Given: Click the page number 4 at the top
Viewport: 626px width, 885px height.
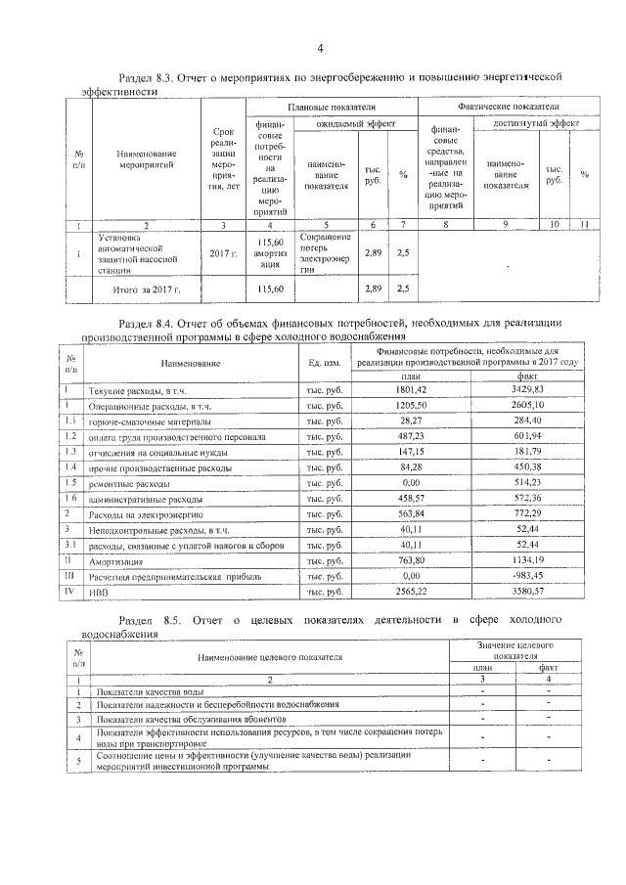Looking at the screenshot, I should (320, 48).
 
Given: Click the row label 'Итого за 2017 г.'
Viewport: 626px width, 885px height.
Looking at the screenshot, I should (148, 289).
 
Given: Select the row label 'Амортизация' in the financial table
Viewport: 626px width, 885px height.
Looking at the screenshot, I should (116, 562).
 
